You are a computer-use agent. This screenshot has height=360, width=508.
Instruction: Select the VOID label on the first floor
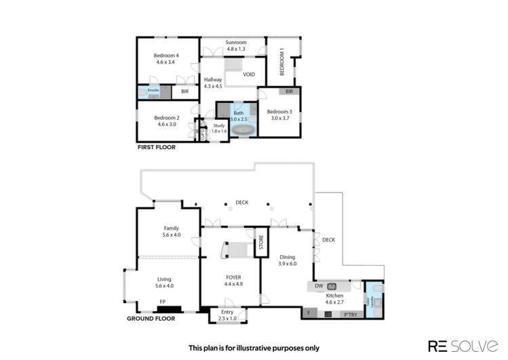(x=249, y=75)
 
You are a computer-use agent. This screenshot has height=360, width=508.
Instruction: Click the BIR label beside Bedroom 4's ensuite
(x=184, y=91)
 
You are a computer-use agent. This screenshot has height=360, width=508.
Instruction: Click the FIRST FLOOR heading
(x=156, y=147)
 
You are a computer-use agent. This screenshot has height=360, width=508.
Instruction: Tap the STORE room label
(x=260, y=245)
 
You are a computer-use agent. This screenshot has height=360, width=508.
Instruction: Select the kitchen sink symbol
(x=332, y=286)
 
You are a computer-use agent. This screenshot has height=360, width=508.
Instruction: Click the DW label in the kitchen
(x=319, y=287)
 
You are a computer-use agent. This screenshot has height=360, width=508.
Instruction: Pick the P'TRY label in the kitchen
(x=350, y=314)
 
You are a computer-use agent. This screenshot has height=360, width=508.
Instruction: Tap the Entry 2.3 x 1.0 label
(x=228, y=315)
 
